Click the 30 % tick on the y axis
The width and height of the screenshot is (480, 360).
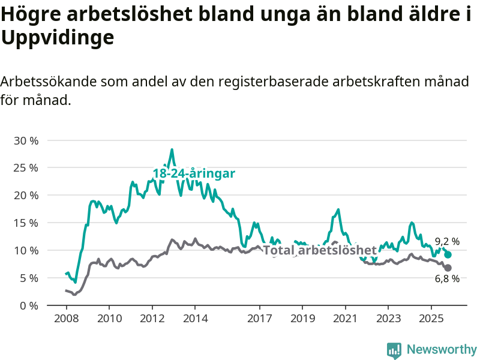coord(26,140)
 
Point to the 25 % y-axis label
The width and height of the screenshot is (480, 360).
coord(26,168)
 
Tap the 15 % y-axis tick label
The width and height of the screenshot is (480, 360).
coord(26,223)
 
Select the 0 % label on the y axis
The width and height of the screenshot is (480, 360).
coord(29,305)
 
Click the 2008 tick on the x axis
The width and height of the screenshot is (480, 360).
coord(65,317)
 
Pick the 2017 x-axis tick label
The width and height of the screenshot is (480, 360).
coord(260,317)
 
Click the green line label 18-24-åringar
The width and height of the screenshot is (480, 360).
coord(193,173)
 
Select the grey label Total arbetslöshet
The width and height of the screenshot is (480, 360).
coord(320,250)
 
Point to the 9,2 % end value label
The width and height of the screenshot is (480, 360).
coord(447,242)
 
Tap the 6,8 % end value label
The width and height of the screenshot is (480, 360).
coord(447,278)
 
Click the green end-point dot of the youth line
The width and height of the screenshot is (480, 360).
coord(448,255)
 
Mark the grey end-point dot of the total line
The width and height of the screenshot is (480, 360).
coord(448,268)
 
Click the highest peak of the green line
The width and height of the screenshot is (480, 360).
coord(172,150)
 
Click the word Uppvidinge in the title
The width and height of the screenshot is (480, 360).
coord(58,38)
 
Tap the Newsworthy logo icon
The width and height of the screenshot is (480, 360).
coord(394,350)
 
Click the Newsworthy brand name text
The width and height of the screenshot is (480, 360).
coord(442,349)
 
